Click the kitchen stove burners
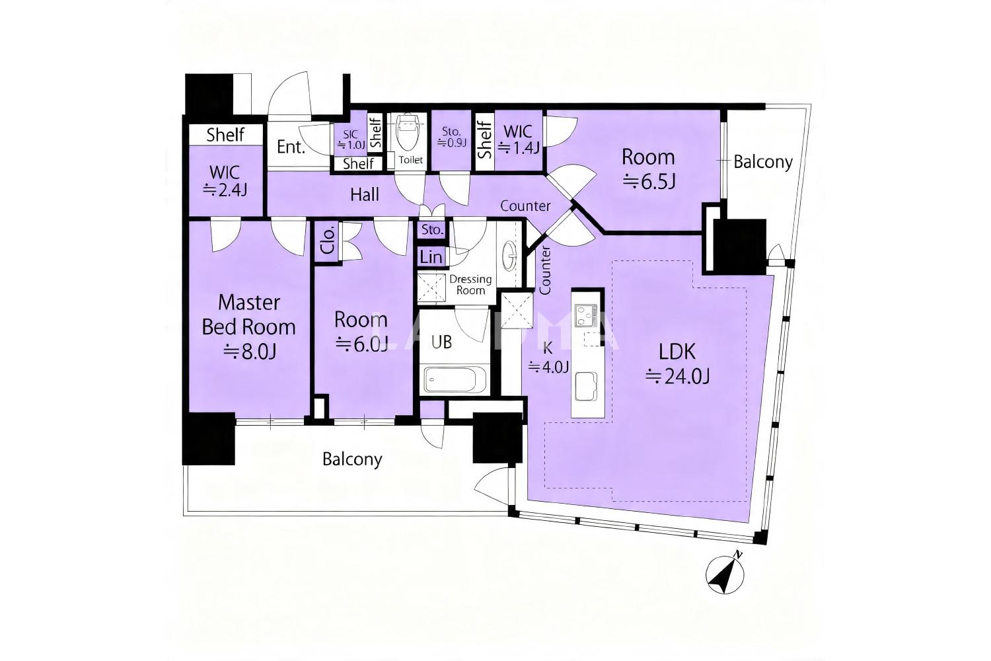click(585, 315)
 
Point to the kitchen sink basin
click(586, 387)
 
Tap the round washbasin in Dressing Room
click(510, 255)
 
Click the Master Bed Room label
click(249, 327)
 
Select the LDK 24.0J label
click(677, 364)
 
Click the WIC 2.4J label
click(225, 181)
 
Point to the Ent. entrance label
click(291, 147)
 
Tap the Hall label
click(365, 194)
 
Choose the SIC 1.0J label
click(350, 139)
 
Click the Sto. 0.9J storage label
click(451, 137)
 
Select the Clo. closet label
click(328, 241)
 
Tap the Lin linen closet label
click(431, 256)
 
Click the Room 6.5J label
click(649, 169)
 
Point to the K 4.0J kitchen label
click(548, 358)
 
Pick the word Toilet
click(410, 160)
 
